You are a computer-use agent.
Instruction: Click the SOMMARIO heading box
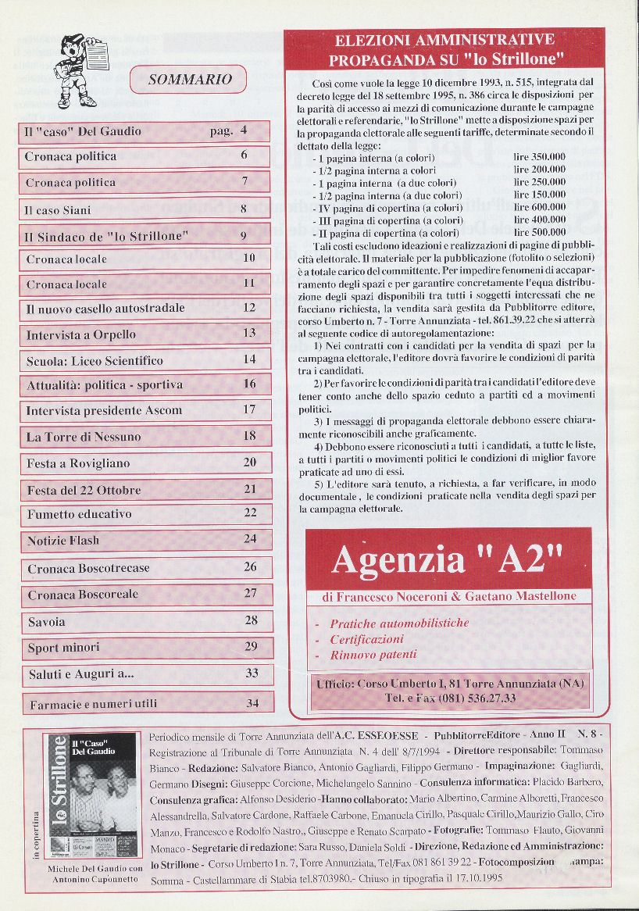[x=189, y=79]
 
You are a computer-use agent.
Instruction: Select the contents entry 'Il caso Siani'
[x=59, y=209]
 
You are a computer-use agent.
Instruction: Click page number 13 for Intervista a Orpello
[x=249, y=333]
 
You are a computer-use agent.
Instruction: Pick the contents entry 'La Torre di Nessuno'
[x=75, y=436]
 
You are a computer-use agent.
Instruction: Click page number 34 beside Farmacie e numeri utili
[x=252, y=703]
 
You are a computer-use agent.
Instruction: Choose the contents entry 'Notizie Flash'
[x=63, y=540]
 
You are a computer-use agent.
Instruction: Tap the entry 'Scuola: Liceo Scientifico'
[x=95, y=360]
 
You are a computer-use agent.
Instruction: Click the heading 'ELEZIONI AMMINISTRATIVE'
[x=444, y=40]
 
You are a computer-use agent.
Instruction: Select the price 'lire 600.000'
[x=540, y=207]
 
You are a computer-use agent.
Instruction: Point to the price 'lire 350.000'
[x=540, y=157]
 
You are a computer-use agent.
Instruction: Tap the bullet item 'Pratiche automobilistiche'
[x=399, y=623]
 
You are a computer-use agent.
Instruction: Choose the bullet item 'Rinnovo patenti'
[x=373, y=655]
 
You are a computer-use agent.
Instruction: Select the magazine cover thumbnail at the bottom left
[x=91, y=795]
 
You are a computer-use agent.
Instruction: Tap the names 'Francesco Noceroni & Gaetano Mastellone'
[x=448, y=596]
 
